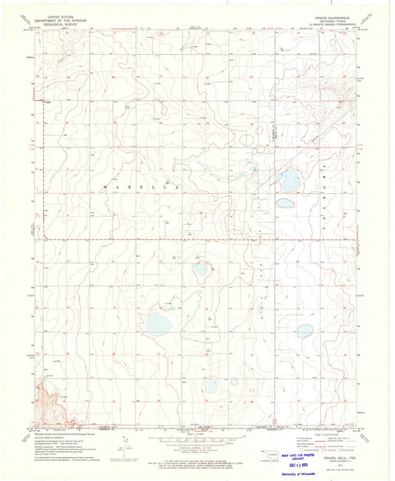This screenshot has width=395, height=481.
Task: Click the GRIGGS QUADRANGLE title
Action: pos(334,14)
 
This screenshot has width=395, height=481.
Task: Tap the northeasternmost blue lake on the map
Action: pos(289,179)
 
